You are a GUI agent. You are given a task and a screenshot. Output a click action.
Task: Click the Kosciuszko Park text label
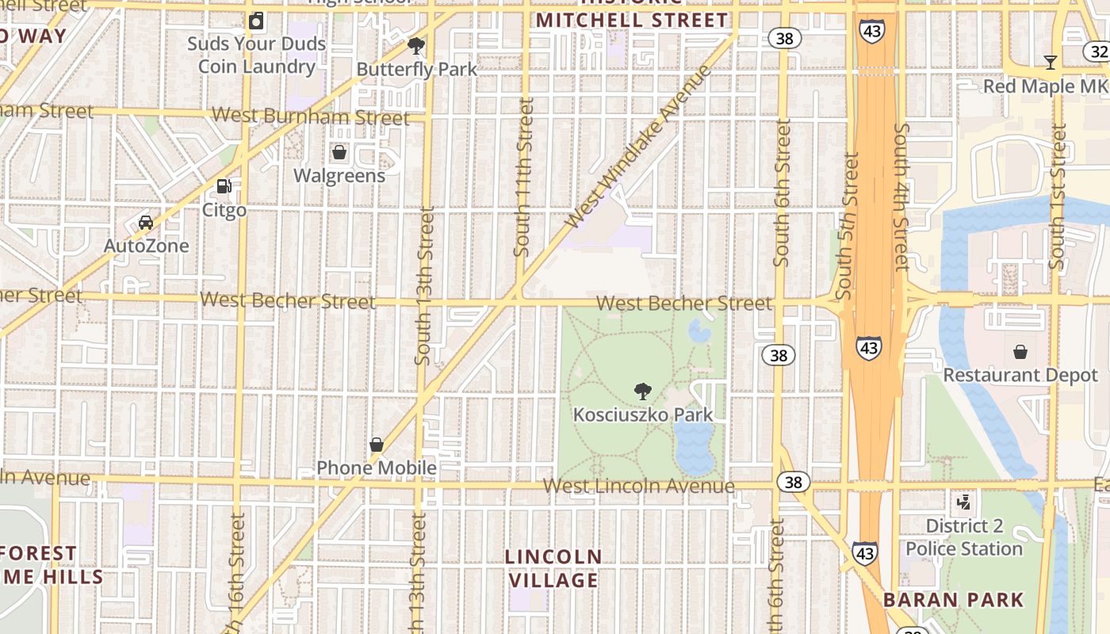tap(643, 414)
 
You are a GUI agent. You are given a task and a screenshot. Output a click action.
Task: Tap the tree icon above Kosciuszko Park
tap(643, 391)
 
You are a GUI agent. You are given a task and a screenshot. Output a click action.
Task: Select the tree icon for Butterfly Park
tap(416, 46)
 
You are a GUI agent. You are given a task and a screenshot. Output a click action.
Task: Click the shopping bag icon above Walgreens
tap(339, 152)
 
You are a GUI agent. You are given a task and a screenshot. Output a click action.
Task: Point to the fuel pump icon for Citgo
tap(224, 186)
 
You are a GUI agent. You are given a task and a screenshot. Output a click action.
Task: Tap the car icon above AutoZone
tap(146, 222)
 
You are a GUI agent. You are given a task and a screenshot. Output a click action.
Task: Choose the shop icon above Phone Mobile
tap(377, 445)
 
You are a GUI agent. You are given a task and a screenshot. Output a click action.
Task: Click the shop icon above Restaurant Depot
tap(1020, 351)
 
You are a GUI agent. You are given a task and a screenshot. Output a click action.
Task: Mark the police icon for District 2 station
tap(964, 502)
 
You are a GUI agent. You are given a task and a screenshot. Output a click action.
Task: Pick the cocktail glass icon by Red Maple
tap(1051, 63)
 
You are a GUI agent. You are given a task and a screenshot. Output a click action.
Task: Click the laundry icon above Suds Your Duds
tap(256, 21)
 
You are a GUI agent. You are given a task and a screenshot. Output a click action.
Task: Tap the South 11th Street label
tap(523, 177)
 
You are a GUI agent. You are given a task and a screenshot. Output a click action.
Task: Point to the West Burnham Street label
tap(311, 116)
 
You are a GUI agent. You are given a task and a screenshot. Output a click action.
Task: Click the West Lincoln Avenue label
tap(639, 486)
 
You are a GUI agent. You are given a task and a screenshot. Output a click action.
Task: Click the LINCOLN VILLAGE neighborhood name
tap(553, 568)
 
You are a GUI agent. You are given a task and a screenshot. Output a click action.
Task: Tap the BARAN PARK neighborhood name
tap(954, 600)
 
